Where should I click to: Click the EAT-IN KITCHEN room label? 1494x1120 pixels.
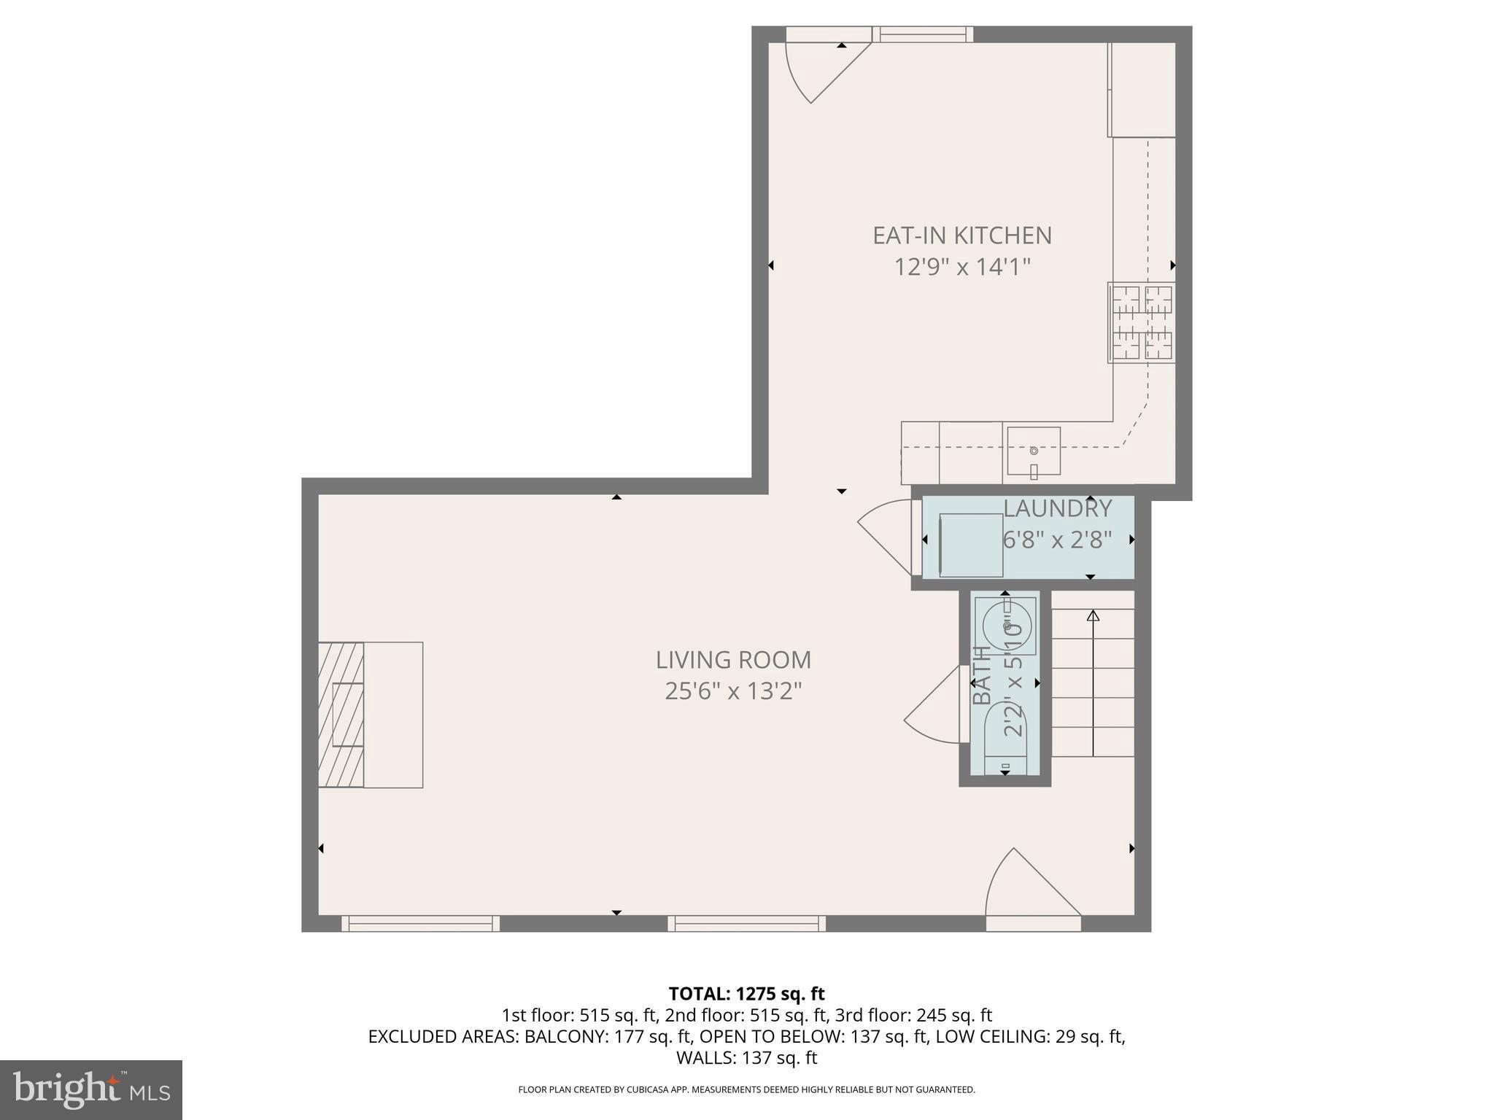(962, 236)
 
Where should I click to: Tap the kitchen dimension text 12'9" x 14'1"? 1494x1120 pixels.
(962, 268)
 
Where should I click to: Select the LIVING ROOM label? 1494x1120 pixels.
(733, 660)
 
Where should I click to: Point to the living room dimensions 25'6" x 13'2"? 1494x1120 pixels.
(733, 691)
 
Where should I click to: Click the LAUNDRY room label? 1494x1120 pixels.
(1057, 508)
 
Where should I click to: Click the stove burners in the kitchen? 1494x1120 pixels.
(1142, 322)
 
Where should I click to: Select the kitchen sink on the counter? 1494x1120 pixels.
(1034, 451)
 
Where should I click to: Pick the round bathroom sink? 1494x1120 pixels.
(1007, 626)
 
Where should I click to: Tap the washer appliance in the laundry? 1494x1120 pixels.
(971, 545)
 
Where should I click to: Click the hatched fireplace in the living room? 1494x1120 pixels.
(341, 715)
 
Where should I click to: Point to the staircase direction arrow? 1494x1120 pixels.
(1093, 682)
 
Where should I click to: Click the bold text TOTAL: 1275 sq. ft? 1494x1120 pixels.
(746, 994)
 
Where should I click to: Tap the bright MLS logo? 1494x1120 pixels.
(90, 1089)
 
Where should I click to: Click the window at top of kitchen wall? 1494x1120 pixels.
(924, 34)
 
